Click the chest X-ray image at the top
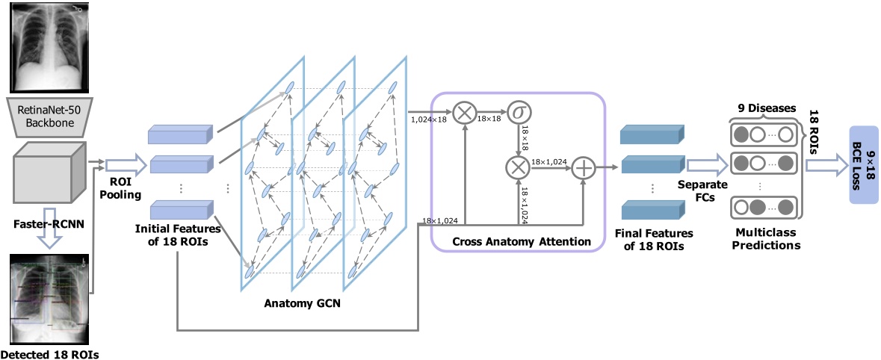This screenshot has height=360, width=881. [46, 46]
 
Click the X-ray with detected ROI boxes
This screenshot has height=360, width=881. [50, 297]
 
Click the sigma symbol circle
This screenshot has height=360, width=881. [517, 113]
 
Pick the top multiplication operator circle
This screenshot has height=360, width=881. [465, 113]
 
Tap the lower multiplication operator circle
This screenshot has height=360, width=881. [517, 168]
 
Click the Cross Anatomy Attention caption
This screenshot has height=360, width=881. [516, 243]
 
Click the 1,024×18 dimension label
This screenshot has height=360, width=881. [429, 117]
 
